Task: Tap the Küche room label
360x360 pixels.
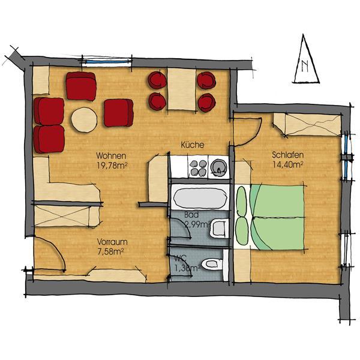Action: click(x=193, y=145)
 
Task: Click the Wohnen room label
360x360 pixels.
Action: click(x=111, y=155)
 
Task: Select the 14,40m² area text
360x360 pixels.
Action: click(x=288, y=164)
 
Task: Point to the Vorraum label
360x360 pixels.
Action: click(x=112, y=242)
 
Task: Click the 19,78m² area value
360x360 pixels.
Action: click(x=112, y=166)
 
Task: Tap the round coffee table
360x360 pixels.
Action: click(x=84, y=119)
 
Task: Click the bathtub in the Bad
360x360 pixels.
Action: click(x=200, y=197)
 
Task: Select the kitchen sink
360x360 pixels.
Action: click(x=218, y=167)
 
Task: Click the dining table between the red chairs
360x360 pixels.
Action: click(x=182, y=89)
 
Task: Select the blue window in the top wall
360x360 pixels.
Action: click(x=107, y=62)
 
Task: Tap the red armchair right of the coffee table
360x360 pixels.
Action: click(x=118, y=113)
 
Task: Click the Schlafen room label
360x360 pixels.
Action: click(x=287, y=155)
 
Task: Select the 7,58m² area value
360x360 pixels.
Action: click(x=111, y=251)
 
